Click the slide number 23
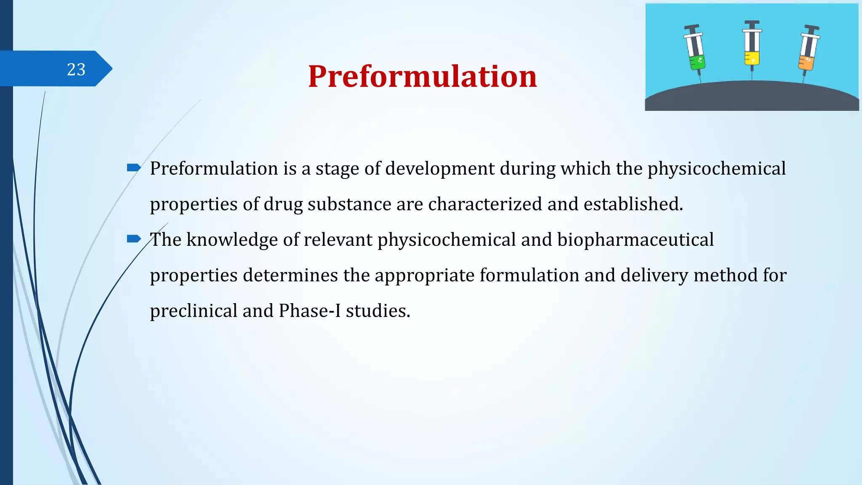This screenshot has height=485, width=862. click(76, 69)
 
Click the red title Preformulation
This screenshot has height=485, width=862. click(422, 77)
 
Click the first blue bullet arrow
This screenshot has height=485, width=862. click(133, 168)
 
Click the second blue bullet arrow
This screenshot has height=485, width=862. click(133, 239)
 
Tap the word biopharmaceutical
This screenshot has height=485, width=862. click(635, 240)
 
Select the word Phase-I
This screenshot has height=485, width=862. click(309, 311)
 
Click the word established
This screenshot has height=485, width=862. click(633, 204)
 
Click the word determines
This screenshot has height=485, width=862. click(290, 275)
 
